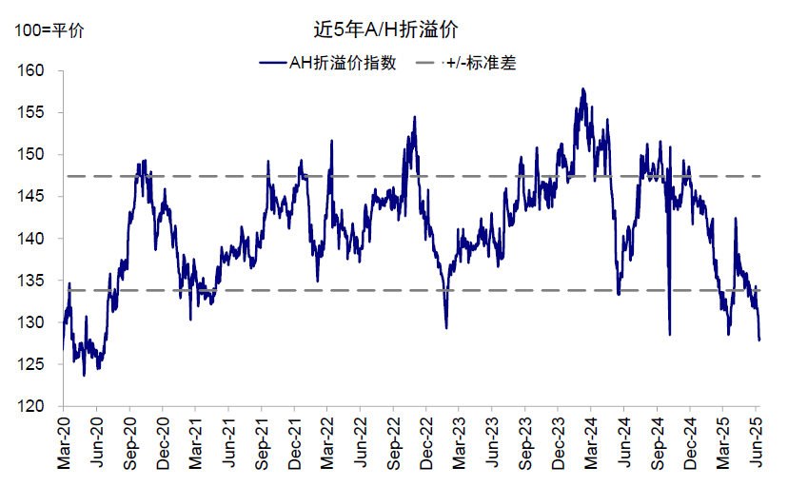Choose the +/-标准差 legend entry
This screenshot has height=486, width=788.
pos(482,64)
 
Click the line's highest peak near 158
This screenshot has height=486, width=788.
pos(582,88)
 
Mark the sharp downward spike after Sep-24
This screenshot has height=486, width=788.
pos(670,334)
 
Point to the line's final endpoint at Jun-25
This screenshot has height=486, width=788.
pos(759,340)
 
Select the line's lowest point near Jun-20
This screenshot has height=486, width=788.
pos(84,375)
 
